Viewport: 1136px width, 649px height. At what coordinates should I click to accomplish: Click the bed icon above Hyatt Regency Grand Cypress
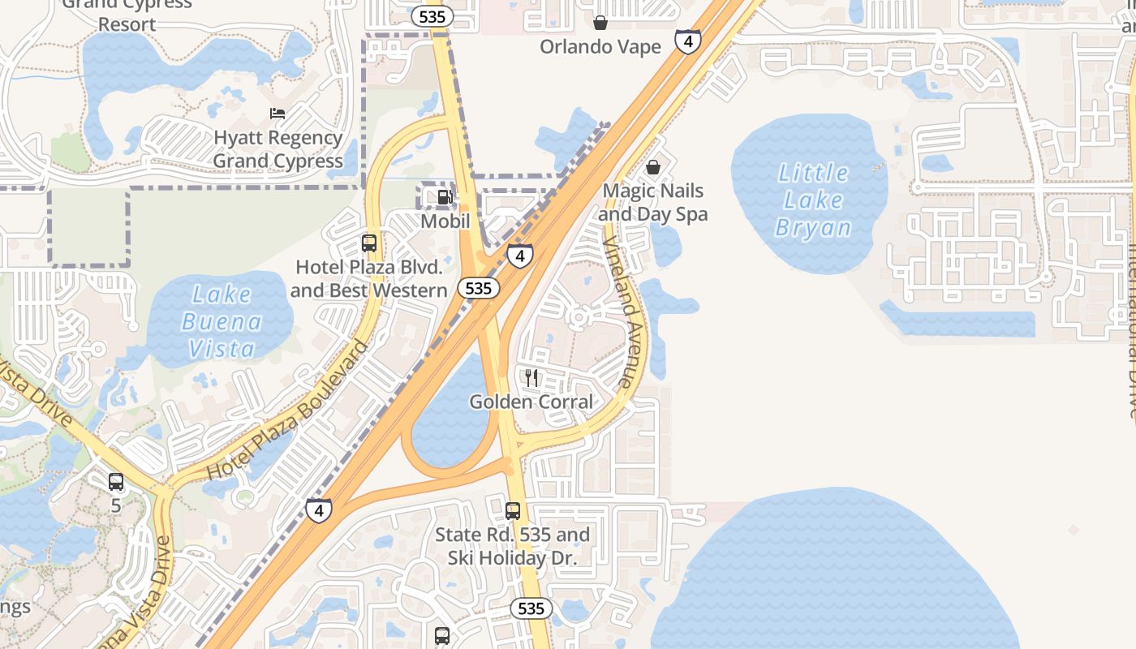pyautogui.click(x=278, y=114)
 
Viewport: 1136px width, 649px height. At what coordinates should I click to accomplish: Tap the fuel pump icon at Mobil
pyautogui.click(x=445, y=197)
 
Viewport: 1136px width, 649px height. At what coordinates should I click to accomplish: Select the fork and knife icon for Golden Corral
pyautogui.click(x=531, y=377)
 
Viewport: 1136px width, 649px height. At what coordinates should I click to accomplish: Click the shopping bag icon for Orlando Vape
pyautogui.click(x=600, y=23)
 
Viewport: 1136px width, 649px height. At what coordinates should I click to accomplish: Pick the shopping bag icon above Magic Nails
pyautogui.click(x=653, y=167)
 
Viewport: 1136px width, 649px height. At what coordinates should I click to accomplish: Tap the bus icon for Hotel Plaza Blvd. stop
pyautogui.click(x=369, y=243)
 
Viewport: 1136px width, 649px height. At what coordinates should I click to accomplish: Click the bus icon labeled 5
pyautogui.click(x=116, y=482)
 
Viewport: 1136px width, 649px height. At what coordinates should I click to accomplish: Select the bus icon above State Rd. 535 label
pyautogui.click(x=513, y=511)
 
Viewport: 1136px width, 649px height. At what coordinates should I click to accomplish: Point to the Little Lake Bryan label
pyautogui.click(x=813, y=200)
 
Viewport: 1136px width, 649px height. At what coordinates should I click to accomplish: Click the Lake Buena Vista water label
pyautogui.click(x=222, y=322)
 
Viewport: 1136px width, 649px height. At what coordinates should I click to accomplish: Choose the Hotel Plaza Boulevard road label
pyautogui.click(x=288, y=410)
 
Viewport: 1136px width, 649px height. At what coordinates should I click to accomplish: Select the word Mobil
pyautogui.click(x=445, y=221)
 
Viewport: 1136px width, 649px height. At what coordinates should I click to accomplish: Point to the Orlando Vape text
pyautogui.click(x=600, y=47)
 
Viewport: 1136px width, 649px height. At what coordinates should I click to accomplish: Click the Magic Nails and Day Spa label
pyautogui.click(x=653, y=203)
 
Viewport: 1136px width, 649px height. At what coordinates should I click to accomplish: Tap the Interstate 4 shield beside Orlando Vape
pyautogui.click(x=687, y=41)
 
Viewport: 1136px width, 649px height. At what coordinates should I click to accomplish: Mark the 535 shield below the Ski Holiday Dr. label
pyautogui.click(x=531, y=608)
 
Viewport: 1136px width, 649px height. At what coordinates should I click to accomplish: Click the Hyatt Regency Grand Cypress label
pyautogui.click(x=278, y=149)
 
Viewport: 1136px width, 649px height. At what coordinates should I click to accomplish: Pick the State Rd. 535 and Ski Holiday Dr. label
pyautogui.click(x=512, y=547)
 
